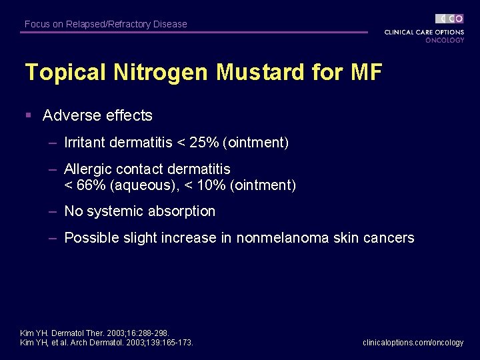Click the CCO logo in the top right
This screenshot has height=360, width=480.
(x=449, y=19)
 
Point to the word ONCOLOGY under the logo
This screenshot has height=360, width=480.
(x=445, y=40)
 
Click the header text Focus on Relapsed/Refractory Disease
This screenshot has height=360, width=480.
(x=106, y=24)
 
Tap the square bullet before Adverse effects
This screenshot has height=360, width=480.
(x=29, y=115)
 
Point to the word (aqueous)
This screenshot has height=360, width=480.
(x=139, y=185)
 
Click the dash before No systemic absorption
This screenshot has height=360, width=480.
(x=51, y=211)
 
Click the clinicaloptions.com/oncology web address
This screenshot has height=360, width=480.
(x=413, y=343)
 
